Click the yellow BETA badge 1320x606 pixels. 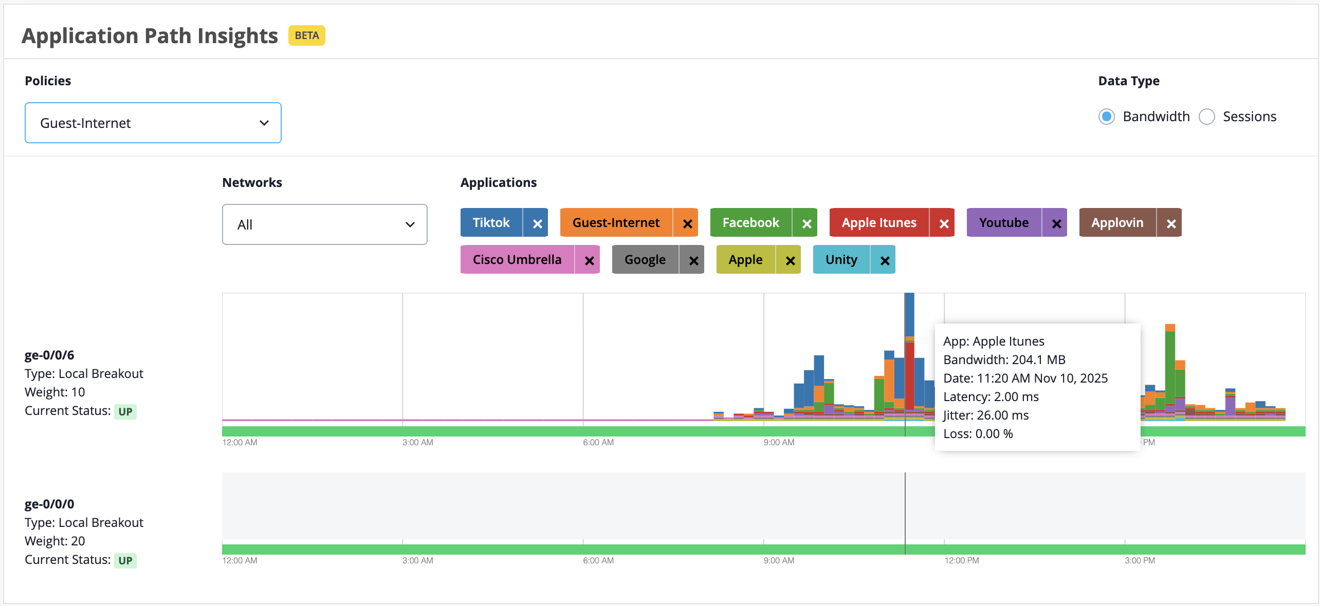point(307,35)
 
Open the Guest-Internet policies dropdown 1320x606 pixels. point(153,123)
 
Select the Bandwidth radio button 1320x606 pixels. point(1107,117)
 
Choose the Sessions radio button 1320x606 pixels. point(1207,117)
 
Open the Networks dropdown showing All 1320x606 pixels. point(325,224)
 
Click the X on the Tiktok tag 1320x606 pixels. point(537,223)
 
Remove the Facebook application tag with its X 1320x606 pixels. point(806,223)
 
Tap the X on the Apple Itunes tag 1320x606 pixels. point(944,223)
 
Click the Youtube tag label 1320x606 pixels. point(1004,222)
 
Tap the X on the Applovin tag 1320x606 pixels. point(1171,223)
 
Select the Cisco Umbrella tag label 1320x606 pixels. point(517,259)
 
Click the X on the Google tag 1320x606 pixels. point(693,260)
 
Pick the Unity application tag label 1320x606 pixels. point(841,259)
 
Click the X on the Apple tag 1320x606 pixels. point(790,260)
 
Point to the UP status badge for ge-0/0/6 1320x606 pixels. point(125,411)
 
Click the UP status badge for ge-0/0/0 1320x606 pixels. point(125,560)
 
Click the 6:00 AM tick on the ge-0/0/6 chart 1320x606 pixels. point(598,442)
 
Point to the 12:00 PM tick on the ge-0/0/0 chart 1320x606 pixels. point(962,560)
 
